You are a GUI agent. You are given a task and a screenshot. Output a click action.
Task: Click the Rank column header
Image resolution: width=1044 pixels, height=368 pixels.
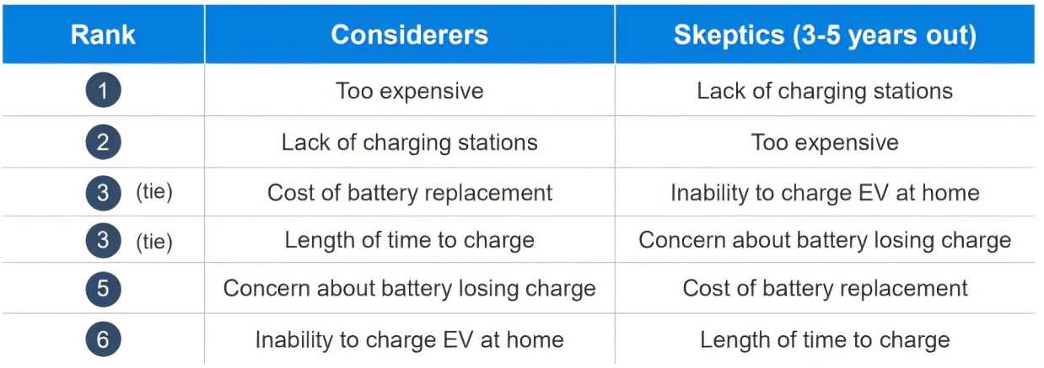pyautogui.click(x=103, y=35)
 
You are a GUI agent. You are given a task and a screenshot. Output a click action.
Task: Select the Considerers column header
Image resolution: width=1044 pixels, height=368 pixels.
pyautogui.click(x=409, y=35)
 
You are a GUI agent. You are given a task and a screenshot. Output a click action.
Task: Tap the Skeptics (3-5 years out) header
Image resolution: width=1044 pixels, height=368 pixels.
pyautogui.click(x=825, y=35)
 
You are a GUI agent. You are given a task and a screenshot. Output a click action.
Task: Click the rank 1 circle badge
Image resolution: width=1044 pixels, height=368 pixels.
pyautogui.click(x=103, y=90)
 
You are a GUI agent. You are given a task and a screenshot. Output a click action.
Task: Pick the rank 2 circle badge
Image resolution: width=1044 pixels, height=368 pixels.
pyautogui.click(x=103, y=142)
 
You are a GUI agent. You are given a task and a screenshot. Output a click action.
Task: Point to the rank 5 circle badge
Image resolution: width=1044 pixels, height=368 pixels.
pyautogui.click(x=103, y=289)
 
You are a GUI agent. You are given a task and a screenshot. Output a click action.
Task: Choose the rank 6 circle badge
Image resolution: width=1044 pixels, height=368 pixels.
pyautogui.click(x=103, y=339)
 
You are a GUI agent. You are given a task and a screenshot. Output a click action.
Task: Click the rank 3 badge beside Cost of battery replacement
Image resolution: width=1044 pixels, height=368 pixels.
pyautogui.click(x=103, y=193)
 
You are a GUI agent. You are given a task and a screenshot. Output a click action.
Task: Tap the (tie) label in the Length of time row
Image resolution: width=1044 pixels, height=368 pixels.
pyautogui.click(x=154, y=242)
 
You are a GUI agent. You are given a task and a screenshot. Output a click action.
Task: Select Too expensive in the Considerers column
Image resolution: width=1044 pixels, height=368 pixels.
pyautogui.click(x=409, y=91)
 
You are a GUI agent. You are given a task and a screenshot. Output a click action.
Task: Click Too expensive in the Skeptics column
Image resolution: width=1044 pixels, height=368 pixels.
pyautogui.click(x=825, y=142)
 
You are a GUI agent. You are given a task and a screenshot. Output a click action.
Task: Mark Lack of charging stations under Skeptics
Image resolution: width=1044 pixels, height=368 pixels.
pyautogui.click(x=825, y=91)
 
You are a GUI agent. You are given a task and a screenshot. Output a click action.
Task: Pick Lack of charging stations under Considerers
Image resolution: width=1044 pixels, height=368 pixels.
pyautogui.click(x=409, y=142)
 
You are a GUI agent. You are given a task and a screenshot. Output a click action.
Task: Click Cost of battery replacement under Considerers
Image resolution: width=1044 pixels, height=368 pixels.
pyautogui.click(x=409, y=193)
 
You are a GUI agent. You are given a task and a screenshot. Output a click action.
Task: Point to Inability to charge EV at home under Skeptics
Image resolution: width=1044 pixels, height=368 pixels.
pyautogui.click(x=825, y=193)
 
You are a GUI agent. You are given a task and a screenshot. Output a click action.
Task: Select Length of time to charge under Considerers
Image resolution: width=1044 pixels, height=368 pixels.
pyautogui.click(x=409, y=241)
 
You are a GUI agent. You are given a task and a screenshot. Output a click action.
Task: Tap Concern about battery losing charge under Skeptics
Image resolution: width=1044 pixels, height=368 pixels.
pyautogui.click(x=825, y=241)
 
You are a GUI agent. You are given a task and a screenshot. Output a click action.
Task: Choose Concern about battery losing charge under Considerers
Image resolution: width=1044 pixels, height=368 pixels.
pyautogui.click(x=409, y=289)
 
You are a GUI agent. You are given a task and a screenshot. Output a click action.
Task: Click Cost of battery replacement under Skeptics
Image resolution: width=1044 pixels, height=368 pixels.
pyautogui.click(x=825, y=289)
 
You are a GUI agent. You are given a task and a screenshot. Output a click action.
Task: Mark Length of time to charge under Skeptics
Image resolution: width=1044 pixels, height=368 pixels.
pyautogui.click(x=825, y=340)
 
